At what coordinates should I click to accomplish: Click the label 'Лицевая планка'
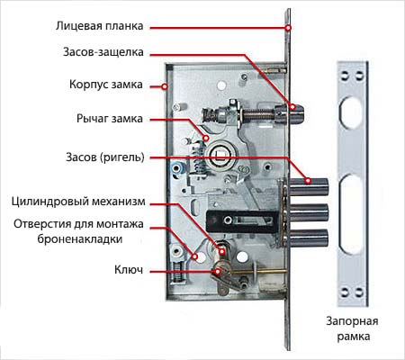coord(100,26)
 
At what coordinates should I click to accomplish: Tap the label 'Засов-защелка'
coord(103,52)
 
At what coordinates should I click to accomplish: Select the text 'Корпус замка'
coord(106,85)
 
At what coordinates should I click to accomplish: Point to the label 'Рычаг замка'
coord(110,119)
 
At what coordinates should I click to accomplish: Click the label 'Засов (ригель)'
coord(105,157)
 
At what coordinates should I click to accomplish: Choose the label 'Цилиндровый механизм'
coord(78,202)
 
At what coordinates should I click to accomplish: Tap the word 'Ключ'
coord(129,270)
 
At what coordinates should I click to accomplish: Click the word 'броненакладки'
coord(80,239)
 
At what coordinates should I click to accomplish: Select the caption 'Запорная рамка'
coord(352,328)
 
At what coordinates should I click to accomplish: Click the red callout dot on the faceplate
coord(288,28)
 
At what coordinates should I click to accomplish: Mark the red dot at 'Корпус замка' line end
coord(164,86)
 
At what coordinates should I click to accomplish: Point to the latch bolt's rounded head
coord(297,113)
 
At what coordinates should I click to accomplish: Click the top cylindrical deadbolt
coord(309,186)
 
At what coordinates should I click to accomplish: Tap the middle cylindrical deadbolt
coord(309,212)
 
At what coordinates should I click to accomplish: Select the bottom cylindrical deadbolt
coord(309,238)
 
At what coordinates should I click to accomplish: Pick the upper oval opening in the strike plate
coord(351,112)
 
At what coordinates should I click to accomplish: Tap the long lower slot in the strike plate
coord(351,213)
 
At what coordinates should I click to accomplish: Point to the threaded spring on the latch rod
coord(258,115)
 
